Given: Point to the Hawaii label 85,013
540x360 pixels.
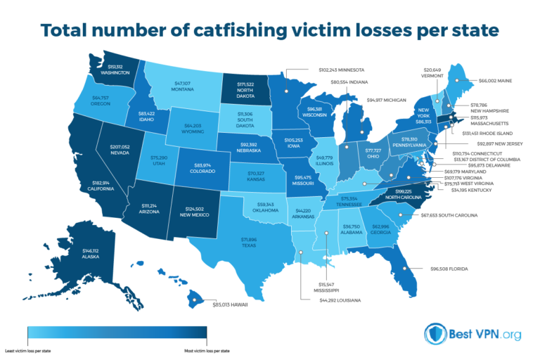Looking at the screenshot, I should pyautogui.click(x=231, y=304).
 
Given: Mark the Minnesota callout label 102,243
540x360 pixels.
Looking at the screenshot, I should pyautogui.click(x=332, y=70).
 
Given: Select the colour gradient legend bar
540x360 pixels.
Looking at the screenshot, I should pyautogui.click(x=116, y=333).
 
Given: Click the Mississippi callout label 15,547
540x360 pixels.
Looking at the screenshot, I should pyautogui.click(x=326, y=285).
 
